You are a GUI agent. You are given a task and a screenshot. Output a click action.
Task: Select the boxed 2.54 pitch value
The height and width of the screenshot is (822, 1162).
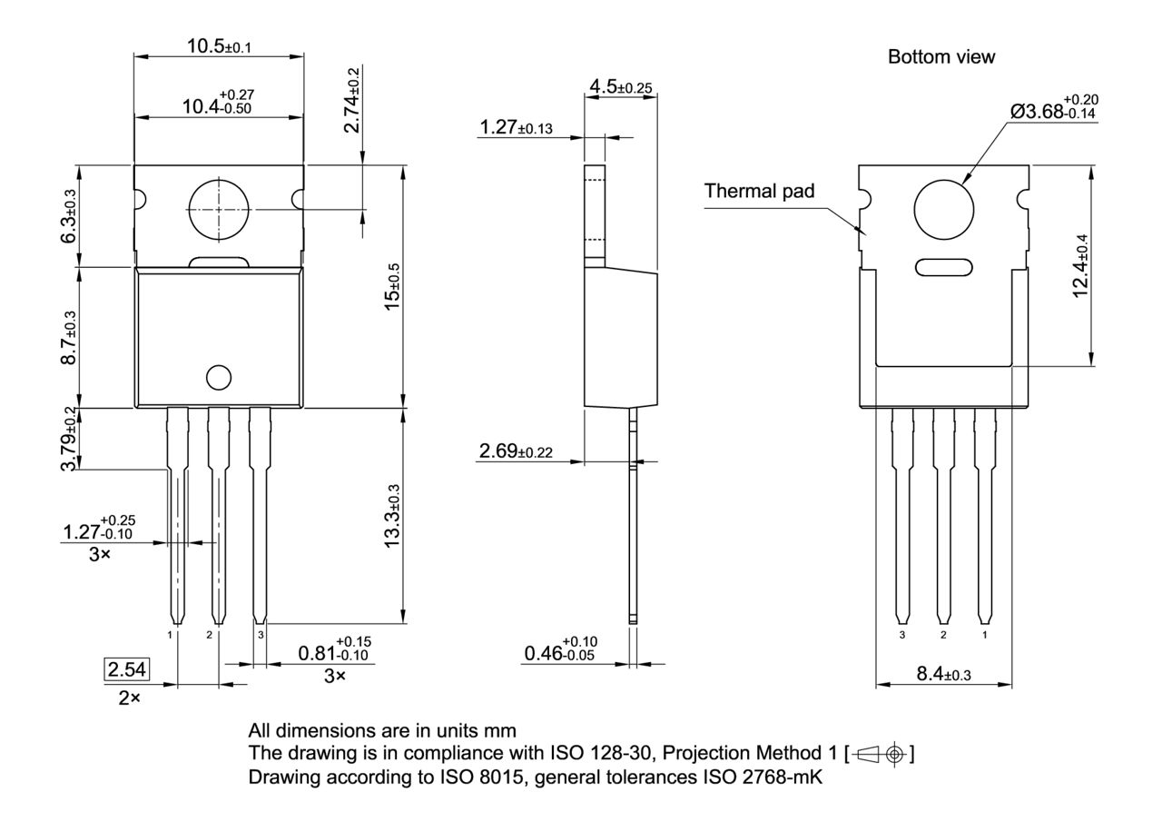pos(127,671)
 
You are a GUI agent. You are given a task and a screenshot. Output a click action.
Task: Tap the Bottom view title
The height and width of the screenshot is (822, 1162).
pos(940,57)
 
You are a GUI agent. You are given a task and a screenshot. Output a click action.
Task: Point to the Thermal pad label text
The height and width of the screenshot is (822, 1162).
pos(759,191)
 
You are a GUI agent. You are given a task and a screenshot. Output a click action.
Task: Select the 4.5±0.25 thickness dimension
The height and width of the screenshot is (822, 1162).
pos(622,87)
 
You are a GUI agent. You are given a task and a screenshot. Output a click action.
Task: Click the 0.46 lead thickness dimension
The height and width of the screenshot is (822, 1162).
pos(558,651)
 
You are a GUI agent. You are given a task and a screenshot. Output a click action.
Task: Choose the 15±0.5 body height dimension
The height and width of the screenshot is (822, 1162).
pos(391,285)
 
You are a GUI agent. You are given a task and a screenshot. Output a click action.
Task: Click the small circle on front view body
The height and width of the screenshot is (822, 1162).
pos(218,377)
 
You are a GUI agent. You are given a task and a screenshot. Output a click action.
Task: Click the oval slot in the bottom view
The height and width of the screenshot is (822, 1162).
pos(943,267)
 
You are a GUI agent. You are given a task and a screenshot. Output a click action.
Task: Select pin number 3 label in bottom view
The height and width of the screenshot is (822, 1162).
pos(901,635)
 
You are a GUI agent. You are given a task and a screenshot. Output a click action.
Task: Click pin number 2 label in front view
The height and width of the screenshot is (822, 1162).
pos(209,634)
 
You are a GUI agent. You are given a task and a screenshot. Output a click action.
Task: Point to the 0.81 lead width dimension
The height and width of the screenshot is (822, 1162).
pos(334,651)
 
